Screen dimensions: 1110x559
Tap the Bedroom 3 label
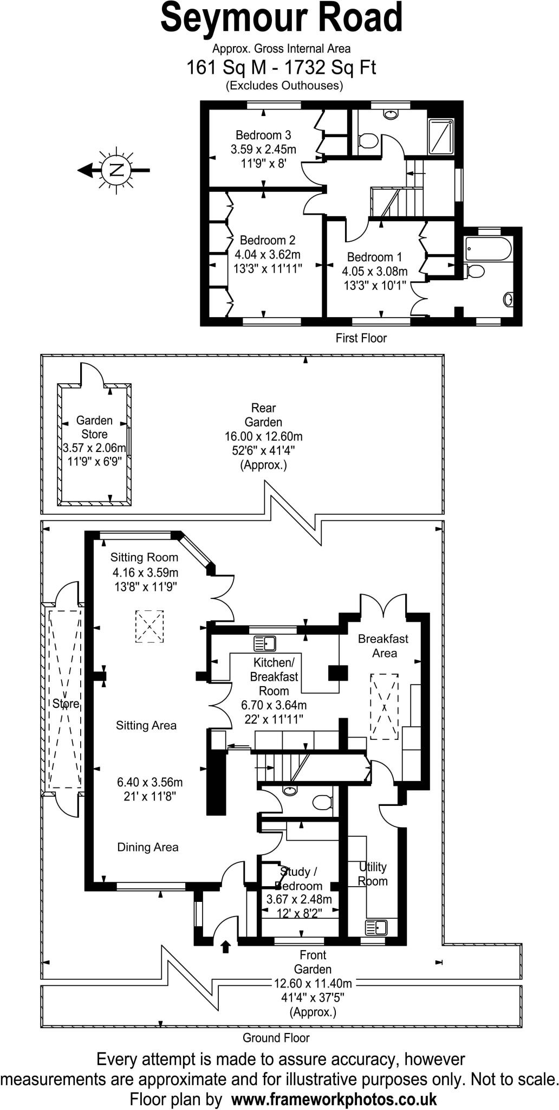pos(263,135)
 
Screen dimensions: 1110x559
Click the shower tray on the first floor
pos(443,137)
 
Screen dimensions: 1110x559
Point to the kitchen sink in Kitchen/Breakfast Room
pos(265,643)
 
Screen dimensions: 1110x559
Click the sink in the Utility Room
pos(376,928)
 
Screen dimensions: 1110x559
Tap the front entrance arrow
pos(226,946)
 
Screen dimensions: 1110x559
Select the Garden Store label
pos(94,427)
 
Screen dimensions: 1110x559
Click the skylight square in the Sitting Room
pos(149,627)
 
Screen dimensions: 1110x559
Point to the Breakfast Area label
pos(383,646)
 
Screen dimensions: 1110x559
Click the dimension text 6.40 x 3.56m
pos(150,782)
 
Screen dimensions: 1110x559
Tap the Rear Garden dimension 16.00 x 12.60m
pos(264,436)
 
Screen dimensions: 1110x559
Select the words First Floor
pos(361,338)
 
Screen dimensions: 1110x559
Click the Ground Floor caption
pos(276,1038)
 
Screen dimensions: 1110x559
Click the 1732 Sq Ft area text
pos(330,68)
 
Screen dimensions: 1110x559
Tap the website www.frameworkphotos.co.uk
pos(334,1099)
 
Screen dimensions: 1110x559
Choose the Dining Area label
pos(148,847)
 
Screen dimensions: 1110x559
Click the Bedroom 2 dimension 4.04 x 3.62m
pos(268,254)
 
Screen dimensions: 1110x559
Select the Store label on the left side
pos(66,704)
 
